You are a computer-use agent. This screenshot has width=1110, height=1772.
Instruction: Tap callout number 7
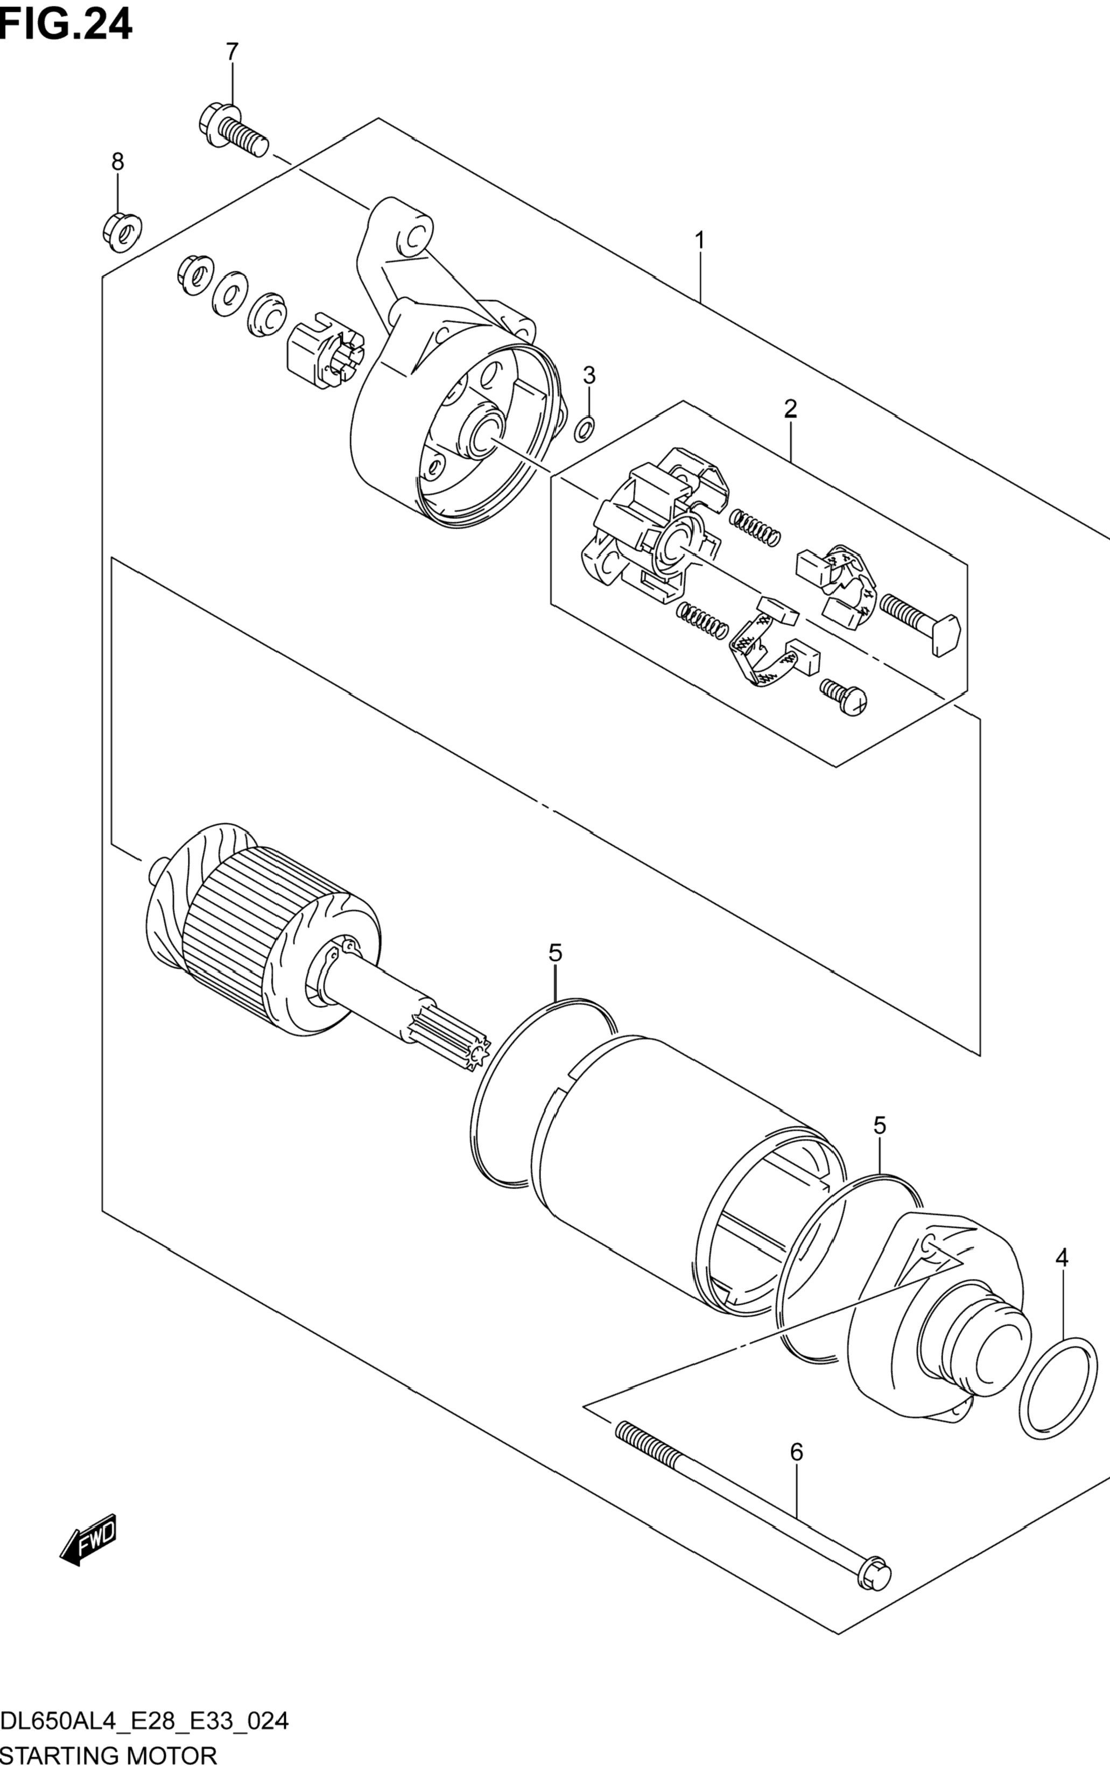(231, 52)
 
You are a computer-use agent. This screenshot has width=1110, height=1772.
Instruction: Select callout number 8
(117, 161)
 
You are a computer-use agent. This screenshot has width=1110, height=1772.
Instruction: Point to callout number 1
(700, 240)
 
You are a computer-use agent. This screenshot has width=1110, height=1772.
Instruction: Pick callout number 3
(589, 375)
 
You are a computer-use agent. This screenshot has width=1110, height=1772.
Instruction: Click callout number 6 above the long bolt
(797, 1452)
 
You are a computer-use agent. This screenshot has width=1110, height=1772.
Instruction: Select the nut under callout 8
(121, 231)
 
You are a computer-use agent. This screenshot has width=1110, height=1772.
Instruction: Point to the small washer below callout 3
(585, 430)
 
